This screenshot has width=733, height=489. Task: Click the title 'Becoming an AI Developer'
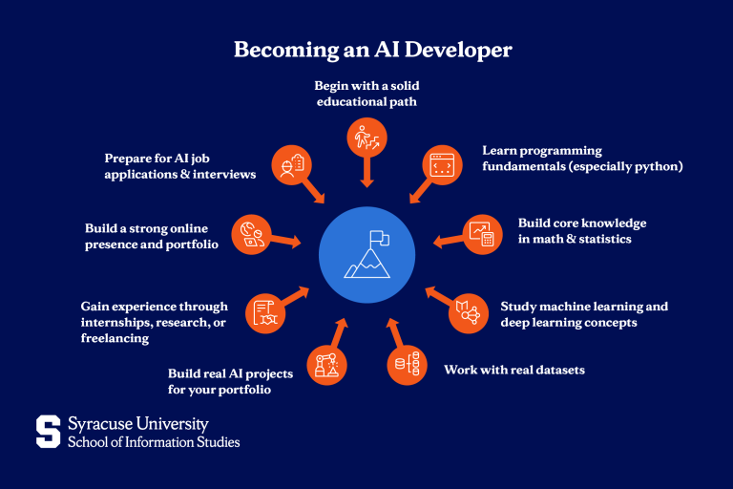(372, 50)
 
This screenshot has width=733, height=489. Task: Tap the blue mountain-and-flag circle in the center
(366, 255)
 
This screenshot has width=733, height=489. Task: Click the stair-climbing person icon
(366, 138)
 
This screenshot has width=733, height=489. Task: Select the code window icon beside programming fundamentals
(442, 164)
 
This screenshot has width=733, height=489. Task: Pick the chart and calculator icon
(482, 234)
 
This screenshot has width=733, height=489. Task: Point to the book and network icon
(469, 313)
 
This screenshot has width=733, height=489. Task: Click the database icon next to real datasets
(408, 365)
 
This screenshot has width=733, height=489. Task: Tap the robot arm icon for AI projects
(326, 365)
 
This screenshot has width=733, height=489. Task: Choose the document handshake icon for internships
(265, 313)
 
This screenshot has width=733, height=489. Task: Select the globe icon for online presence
(252, 234)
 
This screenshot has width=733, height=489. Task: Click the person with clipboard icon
(292, 164)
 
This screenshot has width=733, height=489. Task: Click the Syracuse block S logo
(48, 432)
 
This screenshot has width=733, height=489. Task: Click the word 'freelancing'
(115, 338)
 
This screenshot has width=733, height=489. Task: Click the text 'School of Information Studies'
(154, 442)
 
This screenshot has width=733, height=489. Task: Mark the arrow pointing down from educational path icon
(366, 172)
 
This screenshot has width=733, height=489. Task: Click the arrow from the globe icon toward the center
(285, 241)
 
